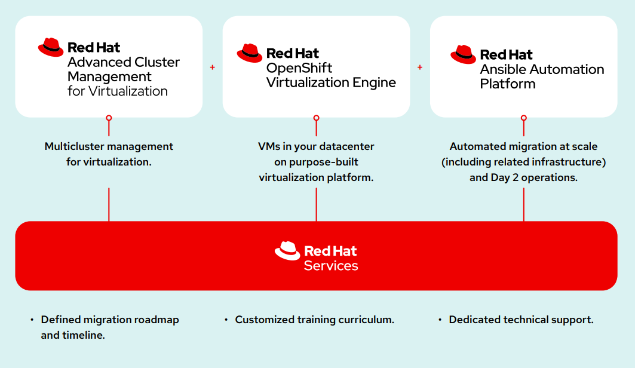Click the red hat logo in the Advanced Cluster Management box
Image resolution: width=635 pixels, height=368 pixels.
[51, 47]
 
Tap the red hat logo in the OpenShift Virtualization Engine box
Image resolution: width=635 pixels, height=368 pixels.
[250, 53]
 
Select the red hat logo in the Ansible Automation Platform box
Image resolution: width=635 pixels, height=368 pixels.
[464, 54]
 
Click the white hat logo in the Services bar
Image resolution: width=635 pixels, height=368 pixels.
[287, 251]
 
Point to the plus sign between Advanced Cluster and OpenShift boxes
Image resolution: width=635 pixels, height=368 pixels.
[213, 68]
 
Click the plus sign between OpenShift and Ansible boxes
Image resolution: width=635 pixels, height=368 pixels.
[420, 68]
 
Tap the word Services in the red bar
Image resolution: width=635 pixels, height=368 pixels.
[331, 266]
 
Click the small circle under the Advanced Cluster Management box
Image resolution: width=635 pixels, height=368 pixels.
[109, 118]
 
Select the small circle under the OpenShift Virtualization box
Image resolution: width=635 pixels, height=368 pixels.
[316, 118]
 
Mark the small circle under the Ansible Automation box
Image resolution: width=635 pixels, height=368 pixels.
[524, 118]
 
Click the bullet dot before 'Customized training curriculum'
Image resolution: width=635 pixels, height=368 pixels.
[226, 320]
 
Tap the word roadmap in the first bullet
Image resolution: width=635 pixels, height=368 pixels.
[157, 320]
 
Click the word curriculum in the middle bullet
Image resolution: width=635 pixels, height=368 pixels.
[366, 320]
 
